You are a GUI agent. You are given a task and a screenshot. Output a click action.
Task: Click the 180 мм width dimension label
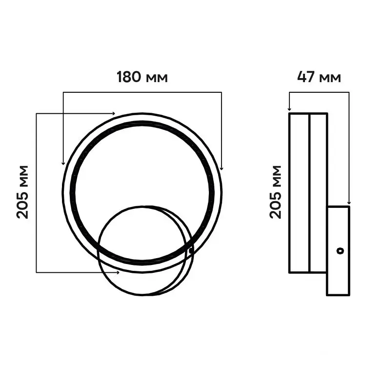pos(142,77)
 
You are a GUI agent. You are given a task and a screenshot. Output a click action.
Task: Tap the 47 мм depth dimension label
pos(319,77)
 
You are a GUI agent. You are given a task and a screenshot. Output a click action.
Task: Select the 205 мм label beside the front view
pos(22,192)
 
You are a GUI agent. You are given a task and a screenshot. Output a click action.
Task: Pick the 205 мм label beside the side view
pos(275,192)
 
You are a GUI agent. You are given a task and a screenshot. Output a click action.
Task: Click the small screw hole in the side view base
pos(340,251)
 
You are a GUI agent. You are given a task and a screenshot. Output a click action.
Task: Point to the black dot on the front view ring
pos(191,251)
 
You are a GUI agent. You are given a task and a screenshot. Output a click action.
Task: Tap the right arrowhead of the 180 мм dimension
pos(222,168)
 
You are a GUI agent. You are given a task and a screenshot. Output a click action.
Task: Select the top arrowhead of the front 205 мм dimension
pos(113,113)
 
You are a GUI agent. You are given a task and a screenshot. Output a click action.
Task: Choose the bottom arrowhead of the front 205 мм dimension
pos(118,272)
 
